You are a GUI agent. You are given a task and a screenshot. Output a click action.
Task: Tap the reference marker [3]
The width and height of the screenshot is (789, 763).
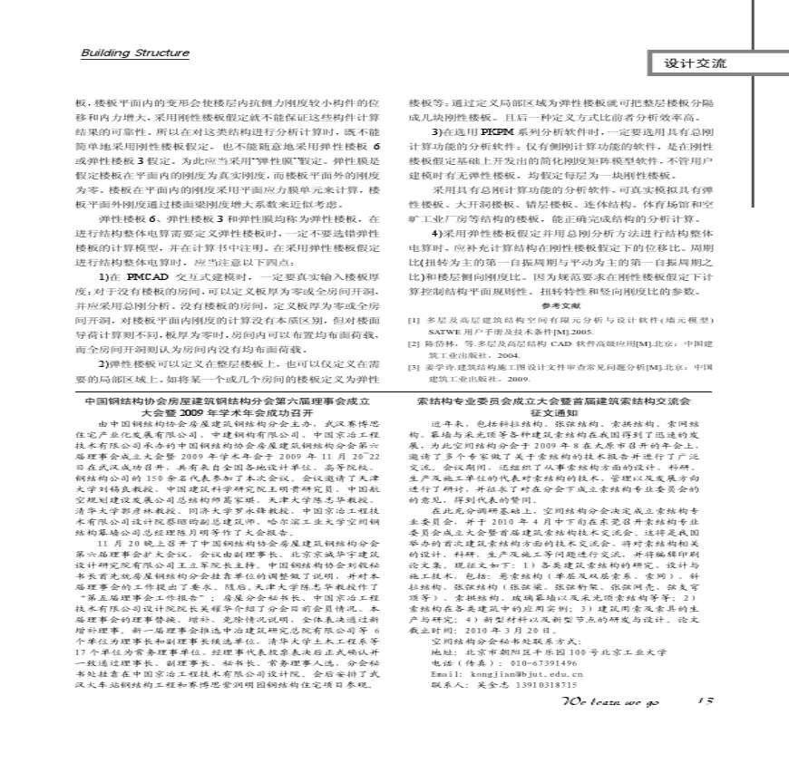point(414,367)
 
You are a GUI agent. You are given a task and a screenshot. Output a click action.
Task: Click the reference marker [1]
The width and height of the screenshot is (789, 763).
point(414,321)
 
